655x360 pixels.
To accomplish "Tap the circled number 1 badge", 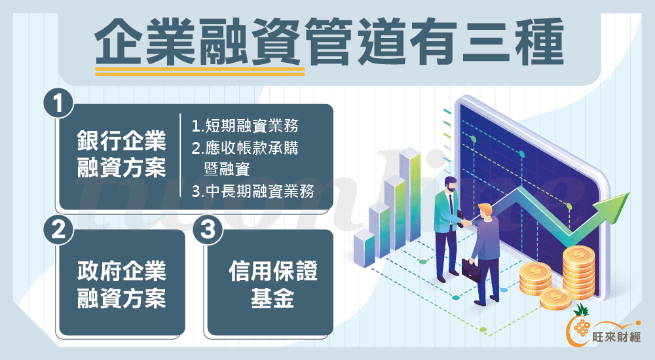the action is [x=58, y=103].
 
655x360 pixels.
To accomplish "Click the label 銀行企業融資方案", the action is [x=122, y=154].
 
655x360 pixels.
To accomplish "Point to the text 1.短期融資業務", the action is [x=245, y=126].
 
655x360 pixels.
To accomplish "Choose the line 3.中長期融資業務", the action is [x=253, y=191].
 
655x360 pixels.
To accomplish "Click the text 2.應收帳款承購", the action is [x=245, y=148].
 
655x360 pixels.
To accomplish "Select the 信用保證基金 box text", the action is [x=272, y=285].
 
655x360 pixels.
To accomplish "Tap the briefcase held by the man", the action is [x=471, y=270].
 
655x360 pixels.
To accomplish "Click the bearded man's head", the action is [x=450, y=184].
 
